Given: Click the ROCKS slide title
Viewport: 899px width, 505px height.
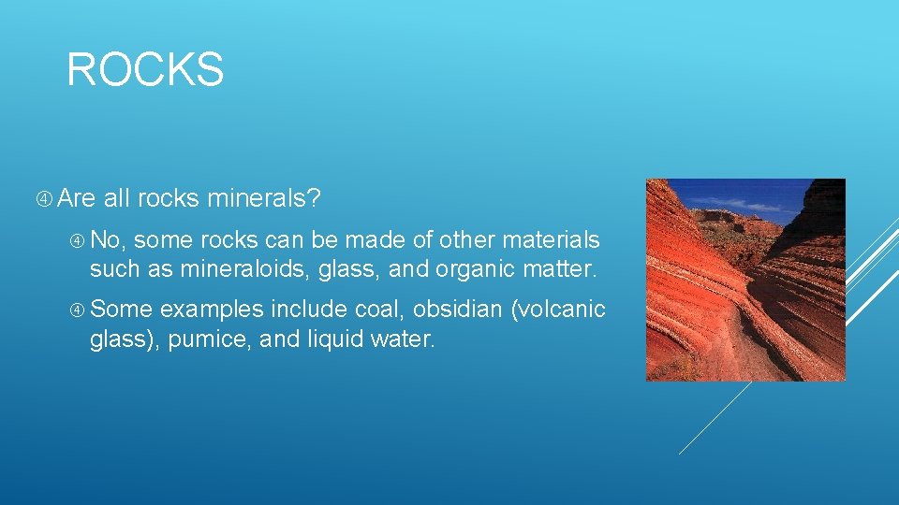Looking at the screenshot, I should tap(145, 70).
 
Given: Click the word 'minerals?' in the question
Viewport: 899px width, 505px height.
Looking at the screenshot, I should tap(264, 198).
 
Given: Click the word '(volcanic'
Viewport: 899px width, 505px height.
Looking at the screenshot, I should tap(559, 310).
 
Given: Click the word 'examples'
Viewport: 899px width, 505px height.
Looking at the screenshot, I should tap(212, 310).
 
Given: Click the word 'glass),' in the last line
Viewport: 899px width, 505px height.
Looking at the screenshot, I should tap(125, 339).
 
